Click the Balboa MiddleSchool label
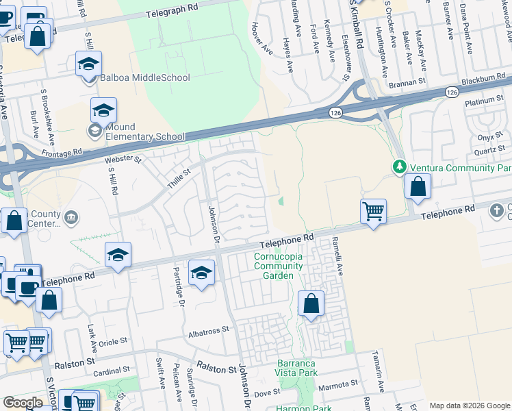click(x=144, y=77)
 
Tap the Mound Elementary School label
click(x=140, y=132)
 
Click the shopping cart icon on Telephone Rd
click(x=373, y=212)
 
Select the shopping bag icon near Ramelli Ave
click(x=311, y=303)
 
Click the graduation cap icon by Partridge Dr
click(x=201, y=273)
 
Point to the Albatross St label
click(x=208, y=330)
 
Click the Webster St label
click(x=123, y=160)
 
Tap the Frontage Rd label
click(x=62, y=153)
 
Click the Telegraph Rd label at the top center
click(x=175, y=13)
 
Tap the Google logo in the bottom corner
click(x=23, y=403)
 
